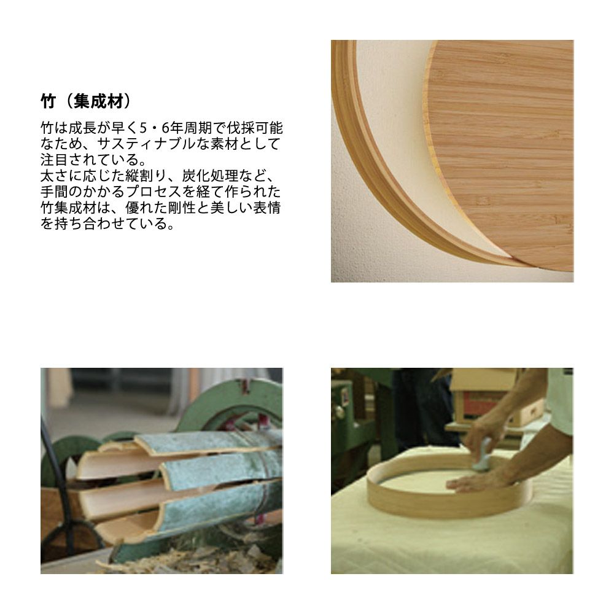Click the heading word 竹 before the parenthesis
[x=49, y=102]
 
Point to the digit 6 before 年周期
[x=165, y=128]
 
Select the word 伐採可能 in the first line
[x=255, y=128]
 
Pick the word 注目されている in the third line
[x=90, y=160]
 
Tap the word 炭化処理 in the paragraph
[x=210, y=176]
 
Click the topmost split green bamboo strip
[x=208, y=443]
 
